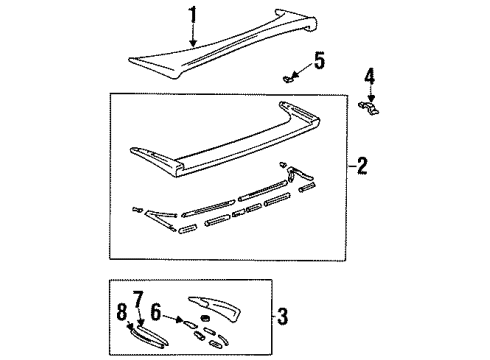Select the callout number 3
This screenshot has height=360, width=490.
point(283,319)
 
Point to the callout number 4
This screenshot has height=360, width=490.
point(369,76)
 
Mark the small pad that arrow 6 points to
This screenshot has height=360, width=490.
point(187,323)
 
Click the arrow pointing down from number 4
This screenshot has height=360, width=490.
point(369,92)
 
